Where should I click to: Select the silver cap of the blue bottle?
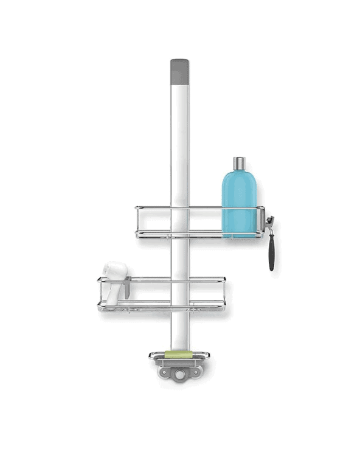[239, 162]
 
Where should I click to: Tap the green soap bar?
[180, 353]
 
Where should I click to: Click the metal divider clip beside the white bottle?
[126, 290]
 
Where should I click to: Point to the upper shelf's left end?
[138, 222]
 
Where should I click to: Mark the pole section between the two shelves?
[179, 259]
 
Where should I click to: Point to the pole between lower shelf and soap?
[179, 329]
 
